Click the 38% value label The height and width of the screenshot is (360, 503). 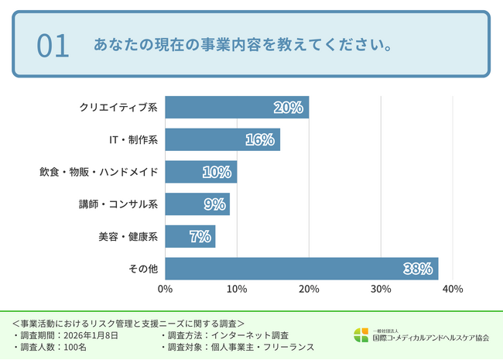click(x=417, y=269)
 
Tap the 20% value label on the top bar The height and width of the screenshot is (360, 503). click(x=288, y=108)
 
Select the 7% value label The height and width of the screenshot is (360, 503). click(x=200, y=236)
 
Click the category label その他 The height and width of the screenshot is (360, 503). click(x=143, y=269)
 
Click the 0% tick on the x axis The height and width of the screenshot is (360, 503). click(x=165, y=290)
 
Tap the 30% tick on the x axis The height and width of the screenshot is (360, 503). click(x=381, y=290)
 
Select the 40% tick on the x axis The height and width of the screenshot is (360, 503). click(x=453, y=290)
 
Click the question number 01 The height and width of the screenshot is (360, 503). click(x=53, y=46)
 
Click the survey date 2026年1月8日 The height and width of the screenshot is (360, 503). click(x=92, y=334)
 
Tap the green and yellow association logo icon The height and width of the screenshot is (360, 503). click(x=361, y=335)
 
